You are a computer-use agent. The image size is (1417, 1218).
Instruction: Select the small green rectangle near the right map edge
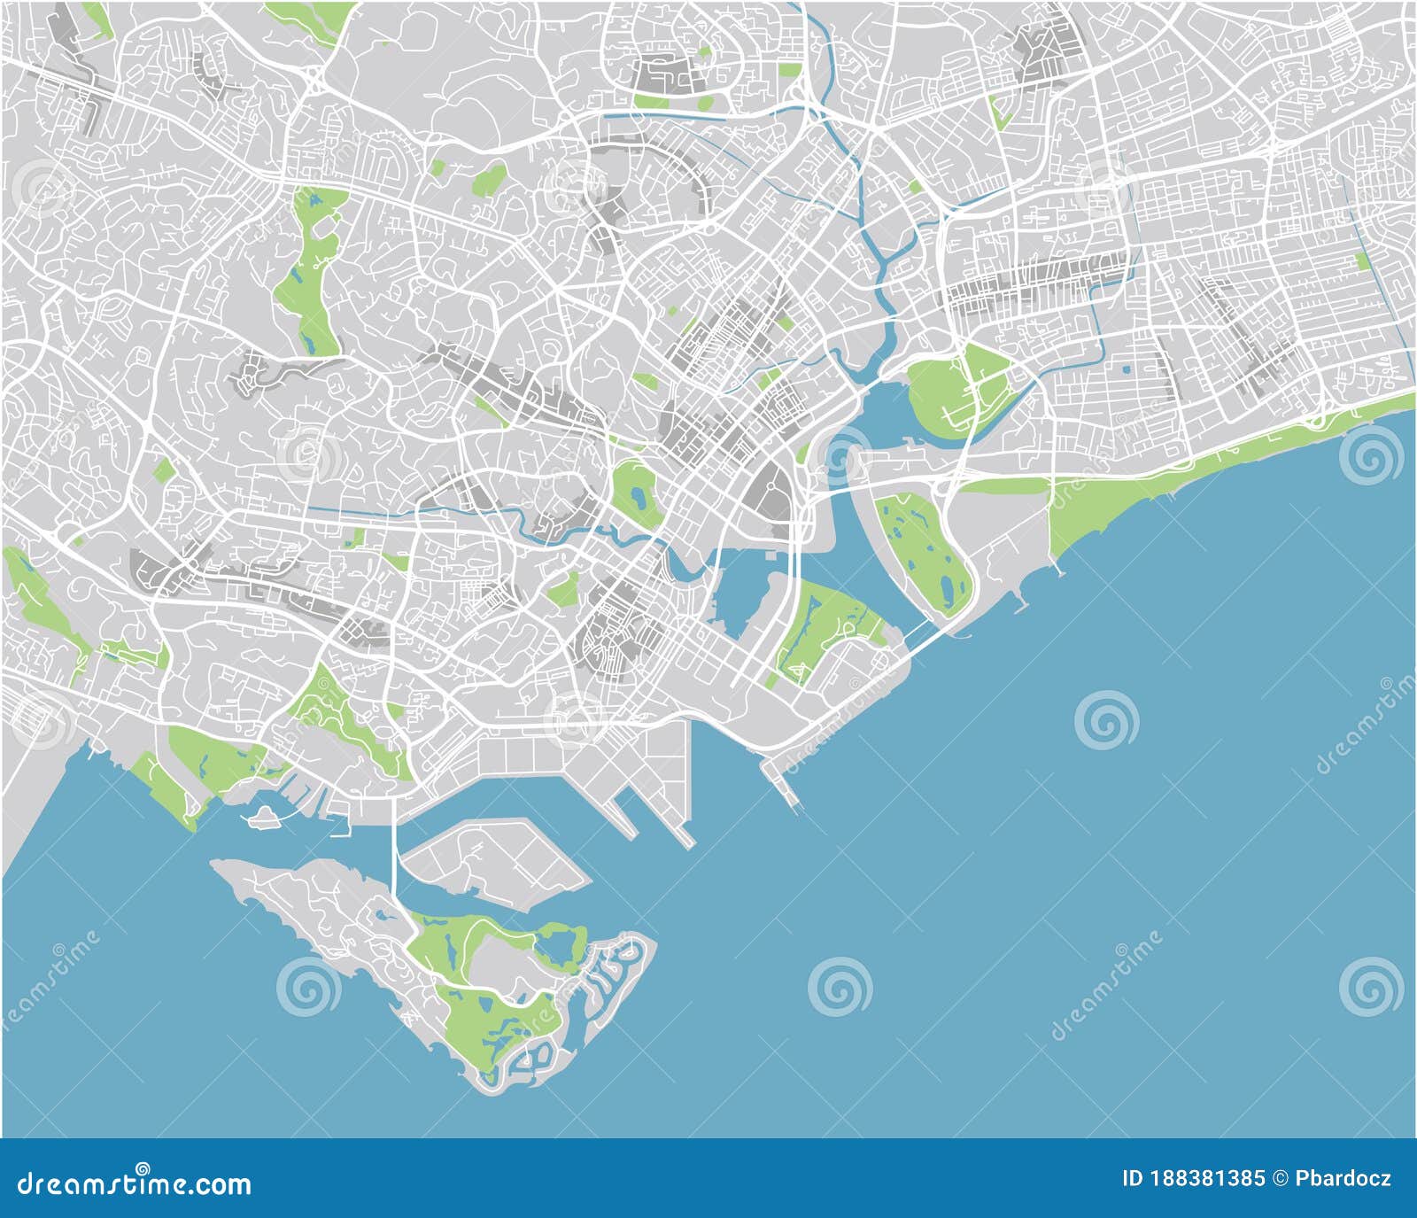coord(1360,261)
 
